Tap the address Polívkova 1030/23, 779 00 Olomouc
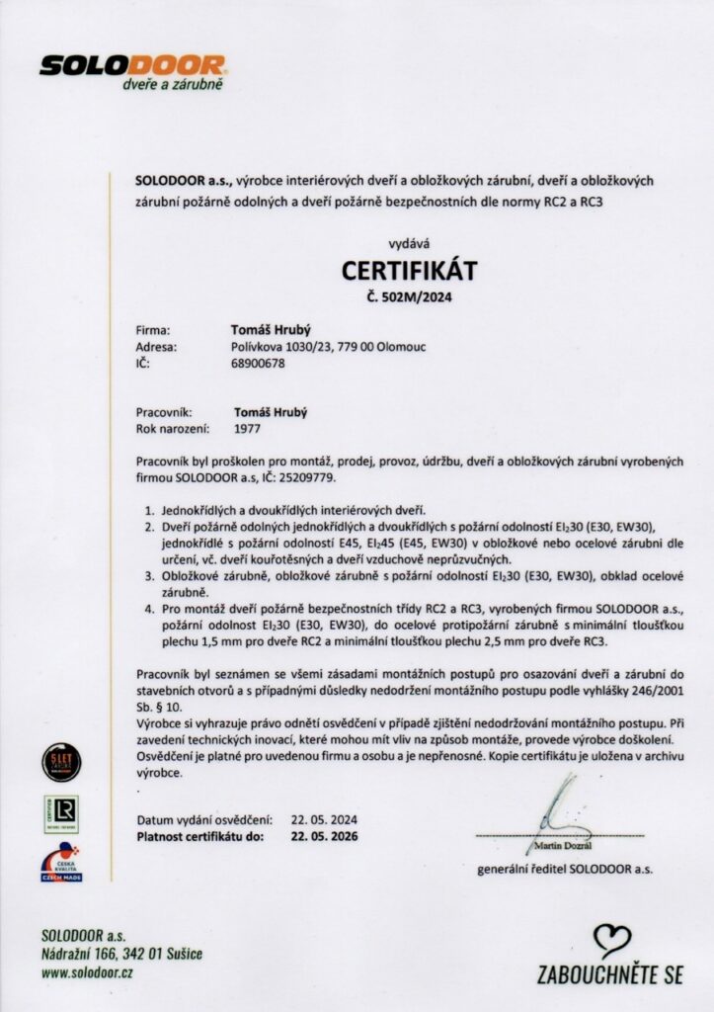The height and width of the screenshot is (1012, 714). point(328,347)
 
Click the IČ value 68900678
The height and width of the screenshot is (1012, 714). point(257,364)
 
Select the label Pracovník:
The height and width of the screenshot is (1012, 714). point(169,413)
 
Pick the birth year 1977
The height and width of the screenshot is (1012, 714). point(248,430)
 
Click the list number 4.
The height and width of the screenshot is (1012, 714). point(149,601)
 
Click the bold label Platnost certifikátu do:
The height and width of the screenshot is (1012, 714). point(201,836)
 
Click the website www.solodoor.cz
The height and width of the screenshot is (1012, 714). point(88,972)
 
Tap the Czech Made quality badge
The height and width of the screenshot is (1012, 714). point(61,862)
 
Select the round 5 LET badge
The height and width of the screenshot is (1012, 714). point(62,761)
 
